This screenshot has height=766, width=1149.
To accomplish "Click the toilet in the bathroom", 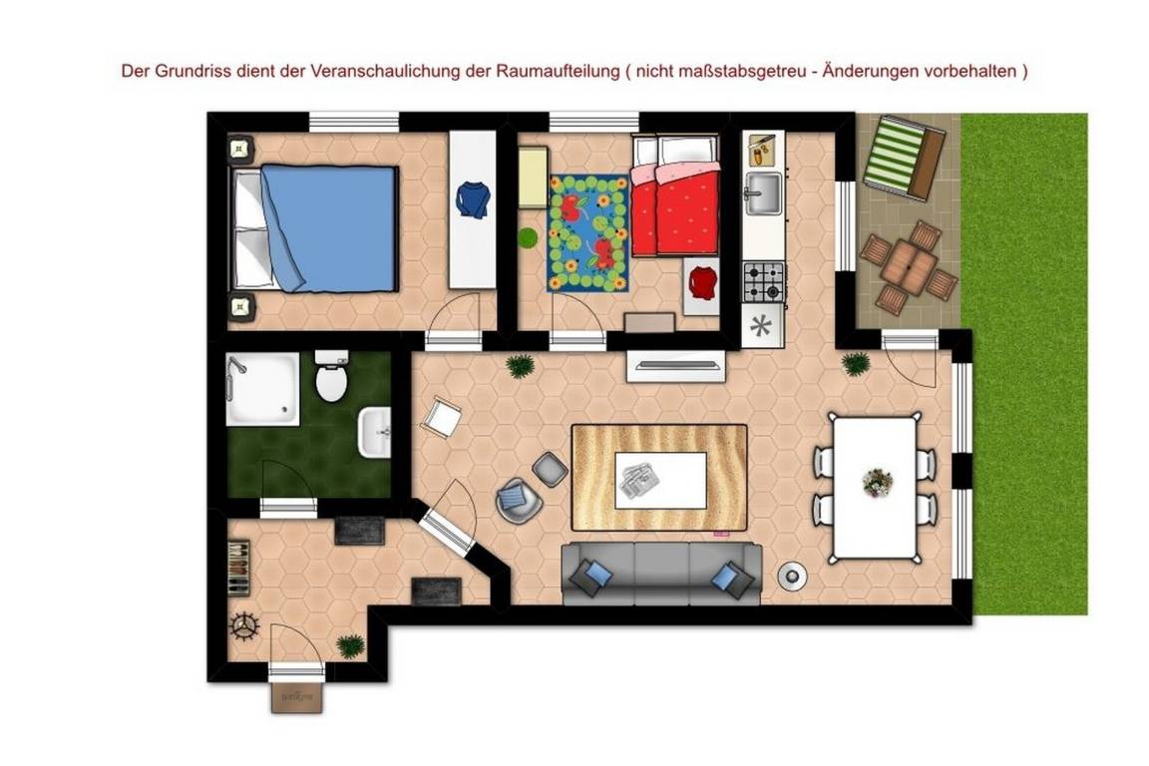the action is click(331, 376).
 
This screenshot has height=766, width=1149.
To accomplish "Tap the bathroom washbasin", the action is click(374, 433).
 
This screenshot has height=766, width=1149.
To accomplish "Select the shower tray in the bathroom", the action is click(262, 389).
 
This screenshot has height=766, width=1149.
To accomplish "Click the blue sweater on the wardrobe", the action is click(473, 199).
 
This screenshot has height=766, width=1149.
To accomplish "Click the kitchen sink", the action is click(764, 192).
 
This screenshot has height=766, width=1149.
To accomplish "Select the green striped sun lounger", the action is click(905, 158).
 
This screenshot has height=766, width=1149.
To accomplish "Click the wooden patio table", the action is click(909, 267).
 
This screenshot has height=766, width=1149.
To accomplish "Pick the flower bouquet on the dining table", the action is click(877, 483).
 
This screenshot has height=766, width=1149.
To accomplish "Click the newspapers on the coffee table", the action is click(638, 481).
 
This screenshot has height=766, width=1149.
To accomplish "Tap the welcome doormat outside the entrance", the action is click(297, 697).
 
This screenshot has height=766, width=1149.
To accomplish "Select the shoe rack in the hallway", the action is click(238, 568).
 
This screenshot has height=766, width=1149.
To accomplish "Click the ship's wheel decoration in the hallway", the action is click(244, 625).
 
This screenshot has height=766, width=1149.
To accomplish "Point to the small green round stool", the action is click(528, 238).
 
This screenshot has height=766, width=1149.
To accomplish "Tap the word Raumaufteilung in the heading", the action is click(557, 72).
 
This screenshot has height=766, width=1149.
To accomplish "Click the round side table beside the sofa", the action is click(791, 575).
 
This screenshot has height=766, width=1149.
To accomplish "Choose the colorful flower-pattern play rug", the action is click(588, 232).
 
